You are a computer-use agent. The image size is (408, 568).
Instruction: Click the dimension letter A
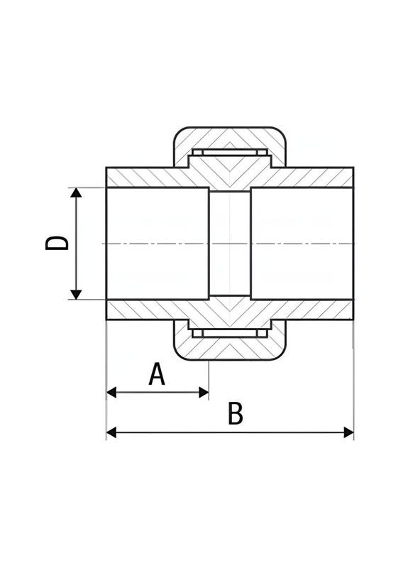pos(157,373)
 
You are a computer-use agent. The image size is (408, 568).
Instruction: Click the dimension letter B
pos(236,413)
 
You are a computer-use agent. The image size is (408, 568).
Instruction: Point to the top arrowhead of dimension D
pos(76,194)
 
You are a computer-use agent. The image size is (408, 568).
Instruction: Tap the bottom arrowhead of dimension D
pos(76,294)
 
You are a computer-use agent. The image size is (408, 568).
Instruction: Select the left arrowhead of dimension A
pos(111,391)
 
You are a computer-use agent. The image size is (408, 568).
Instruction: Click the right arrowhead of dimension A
pos(204,391)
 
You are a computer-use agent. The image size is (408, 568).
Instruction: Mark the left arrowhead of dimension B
pos(111,432)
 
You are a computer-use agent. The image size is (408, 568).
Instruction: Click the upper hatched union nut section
pos(230,138)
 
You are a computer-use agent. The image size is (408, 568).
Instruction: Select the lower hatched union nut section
pos(230,349)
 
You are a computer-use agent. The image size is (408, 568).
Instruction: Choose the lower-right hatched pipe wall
pos(319,310)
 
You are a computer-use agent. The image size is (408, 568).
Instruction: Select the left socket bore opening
pos(157,244)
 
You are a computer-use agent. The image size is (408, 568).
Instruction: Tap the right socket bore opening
pos(302,244)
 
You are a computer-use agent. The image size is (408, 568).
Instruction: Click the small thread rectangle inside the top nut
pos(230,153)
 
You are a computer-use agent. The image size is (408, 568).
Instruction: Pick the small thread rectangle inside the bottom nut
pos(230,333)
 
